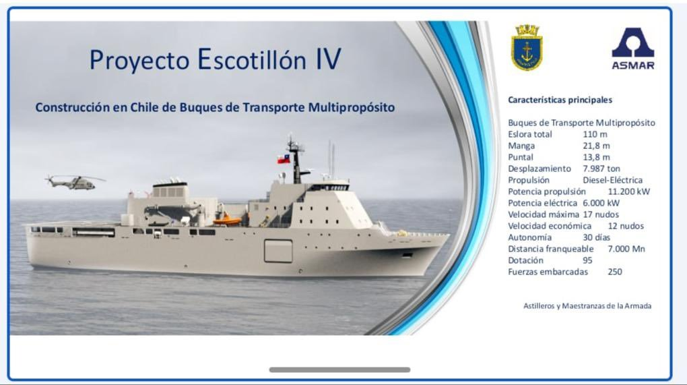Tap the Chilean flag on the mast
click(x=284, y=158)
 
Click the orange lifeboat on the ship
click(x=227, y=220)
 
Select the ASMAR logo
click(x=633, y=49)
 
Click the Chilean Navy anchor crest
click(x=527, y=48)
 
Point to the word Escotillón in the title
click(x=251, y=59)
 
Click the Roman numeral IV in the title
click(x=329, y=59)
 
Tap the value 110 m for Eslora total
click(x=595, y=134)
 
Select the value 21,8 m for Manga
click(x=596, y=146)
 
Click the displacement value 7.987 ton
click(x=601, y=169)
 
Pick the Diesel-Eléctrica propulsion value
click(x=612, y=180)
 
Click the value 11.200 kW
click(x=628, y=191)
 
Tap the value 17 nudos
click(x=601, y=214)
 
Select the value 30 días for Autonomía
click(x=596, y=237)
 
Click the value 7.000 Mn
click(x=626, y=249)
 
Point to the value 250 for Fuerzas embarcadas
click(x=615, y=272)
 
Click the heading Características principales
click(x=560, y=100)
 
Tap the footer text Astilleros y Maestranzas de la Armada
click(x=587, y=305)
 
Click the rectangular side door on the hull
click(x=278, y=251)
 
